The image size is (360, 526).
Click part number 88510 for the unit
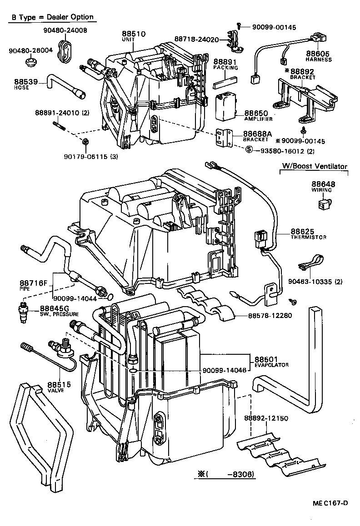[132, 34]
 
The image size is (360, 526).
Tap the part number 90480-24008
[65, 30]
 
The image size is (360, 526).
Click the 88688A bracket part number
[257, 134]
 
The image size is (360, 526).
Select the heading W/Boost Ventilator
[313, 166]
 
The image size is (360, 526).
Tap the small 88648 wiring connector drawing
[324, 203]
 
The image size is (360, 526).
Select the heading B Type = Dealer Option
[52, 17]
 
